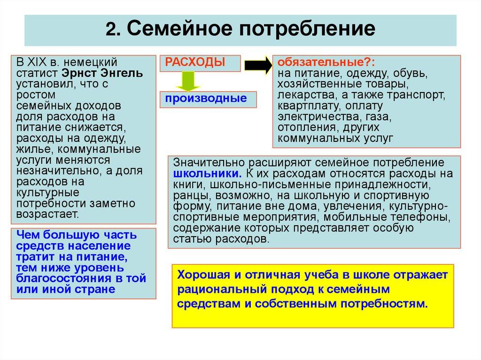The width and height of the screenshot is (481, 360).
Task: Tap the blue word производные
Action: point(205,98)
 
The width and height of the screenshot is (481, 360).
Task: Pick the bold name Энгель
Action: point(121,73)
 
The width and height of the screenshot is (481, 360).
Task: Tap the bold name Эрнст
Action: point(77,73)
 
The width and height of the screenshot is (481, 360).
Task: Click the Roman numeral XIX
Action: point(39,62)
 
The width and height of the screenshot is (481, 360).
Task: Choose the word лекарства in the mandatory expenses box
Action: point(299,95)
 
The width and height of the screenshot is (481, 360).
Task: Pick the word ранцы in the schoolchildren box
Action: point(187,195)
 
